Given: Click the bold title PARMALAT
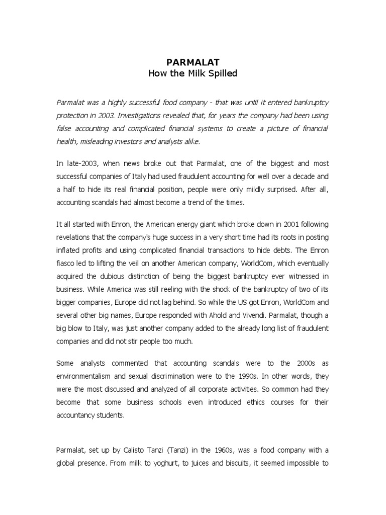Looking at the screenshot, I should click(x=192, y=63).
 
